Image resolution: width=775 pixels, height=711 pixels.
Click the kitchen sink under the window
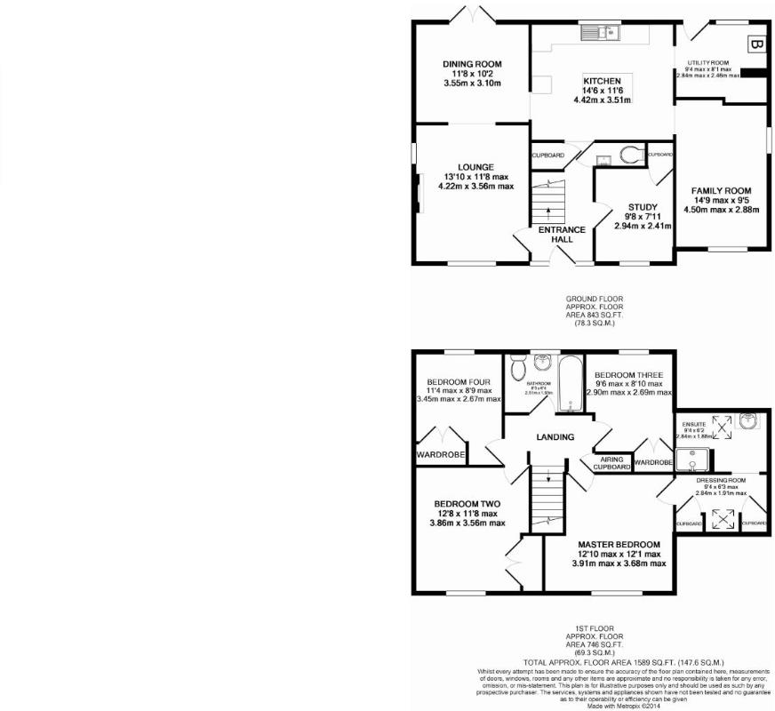click(602, 33)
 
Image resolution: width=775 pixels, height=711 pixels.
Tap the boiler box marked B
click(755, 43)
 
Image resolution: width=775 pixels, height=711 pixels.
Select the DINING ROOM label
click(472, 64)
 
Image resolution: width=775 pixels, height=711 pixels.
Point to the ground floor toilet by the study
click(630, 156)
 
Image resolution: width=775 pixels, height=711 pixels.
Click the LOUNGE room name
click(475, 167)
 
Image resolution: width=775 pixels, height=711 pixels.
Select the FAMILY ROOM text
click(723, 190)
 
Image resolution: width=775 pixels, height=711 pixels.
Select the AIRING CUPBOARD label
click(611, 462)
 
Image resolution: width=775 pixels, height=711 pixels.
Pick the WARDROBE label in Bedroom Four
click(441, 456)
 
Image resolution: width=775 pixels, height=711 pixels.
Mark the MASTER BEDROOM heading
click(619, 544)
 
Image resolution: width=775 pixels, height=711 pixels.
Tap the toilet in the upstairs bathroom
click(517, 364)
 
